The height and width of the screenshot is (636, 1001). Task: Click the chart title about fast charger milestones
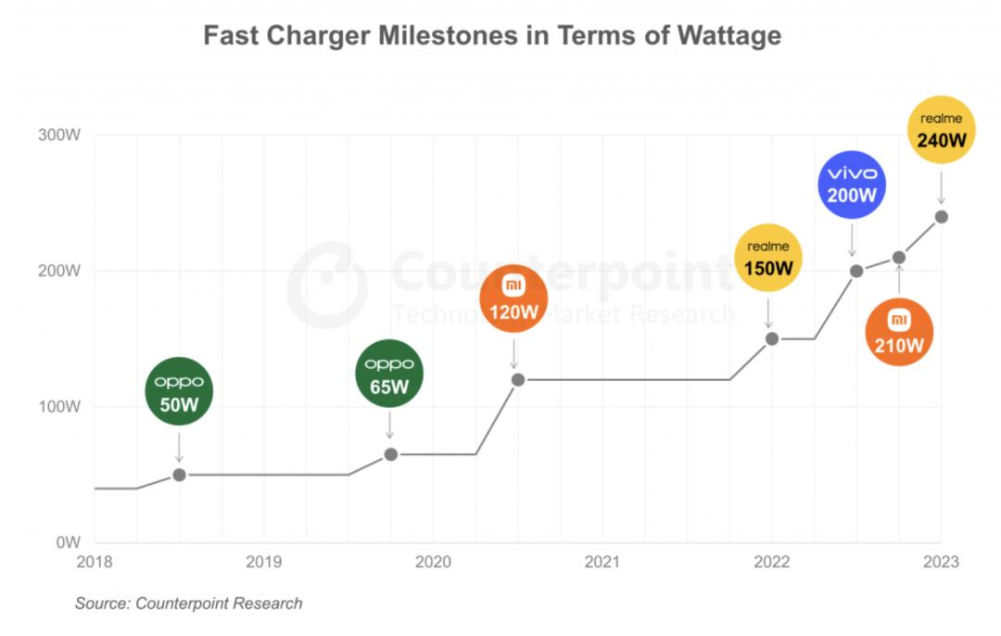pos(491,36)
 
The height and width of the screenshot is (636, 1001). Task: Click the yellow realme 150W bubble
pos(767,259)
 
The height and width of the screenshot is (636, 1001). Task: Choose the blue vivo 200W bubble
pos(852,184)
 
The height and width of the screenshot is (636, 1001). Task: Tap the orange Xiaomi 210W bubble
pos(898,333)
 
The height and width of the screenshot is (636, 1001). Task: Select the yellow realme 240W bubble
pos(941,132)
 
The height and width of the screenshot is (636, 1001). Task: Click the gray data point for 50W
pos(180,475)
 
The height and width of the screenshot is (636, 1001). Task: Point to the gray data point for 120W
pos(518,379)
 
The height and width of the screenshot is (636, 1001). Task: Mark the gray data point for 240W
pos(942,217)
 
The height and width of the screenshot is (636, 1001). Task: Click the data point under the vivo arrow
pos(856,271)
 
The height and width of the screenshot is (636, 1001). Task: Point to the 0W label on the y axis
pos(69,541)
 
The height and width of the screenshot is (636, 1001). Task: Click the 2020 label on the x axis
pos(433,562)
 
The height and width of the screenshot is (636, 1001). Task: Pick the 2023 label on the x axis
pos(941,562)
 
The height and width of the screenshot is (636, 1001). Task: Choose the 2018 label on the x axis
pos(95,562)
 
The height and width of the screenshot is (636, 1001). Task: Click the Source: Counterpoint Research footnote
pos(188,604)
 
